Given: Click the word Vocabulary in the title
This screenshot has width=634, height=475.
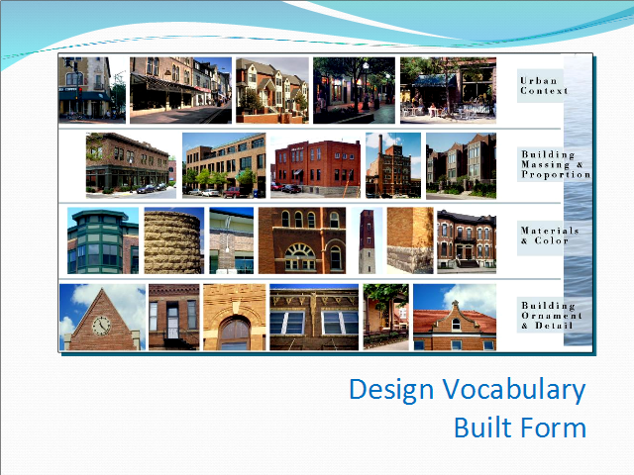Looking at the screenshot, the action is [514, 390].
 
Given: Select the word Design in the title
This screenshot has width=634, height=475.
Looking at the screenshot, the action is [391, 390].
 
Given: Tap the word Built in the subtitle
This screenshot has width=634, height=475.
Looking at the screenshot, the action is [482, 427].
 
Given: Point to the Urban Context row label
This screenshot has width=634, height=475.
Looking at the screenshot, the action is [544, 86].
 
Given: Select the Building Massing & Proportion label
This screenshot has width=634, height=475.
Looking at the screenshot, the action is [556, 164].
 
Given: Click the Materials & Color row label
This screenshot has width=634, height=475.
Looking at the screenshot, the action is [550, 236].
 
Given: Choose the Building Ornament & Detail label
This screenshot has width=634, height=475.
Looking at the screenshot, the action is [552, 316].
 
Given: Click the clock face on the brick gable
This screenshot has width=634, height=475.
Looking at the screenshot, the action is [101, 326].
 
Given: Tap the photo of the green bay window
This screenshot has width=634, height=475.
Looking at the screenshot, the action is [103, 240].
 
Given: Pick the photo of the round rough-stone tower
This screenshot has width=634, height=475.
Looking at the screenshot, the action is [174, 240].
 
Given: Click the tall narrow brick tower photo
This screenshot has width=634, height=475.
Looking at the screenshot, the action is [367, 240].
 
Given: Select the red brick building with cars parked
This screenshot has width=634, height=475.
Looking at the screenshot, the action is [315, 165].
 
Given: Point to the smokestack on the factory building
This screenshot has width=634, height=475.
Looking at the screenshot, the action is [380, 144].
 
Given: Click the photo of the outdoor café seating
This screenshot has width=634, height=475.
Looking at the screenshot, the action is [448, 90].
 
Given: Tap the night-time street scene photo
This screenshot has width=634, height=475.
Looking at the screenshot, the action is [354, 90].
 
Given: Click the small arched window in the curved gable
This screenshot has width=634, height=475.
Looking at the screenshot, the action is [456, 324].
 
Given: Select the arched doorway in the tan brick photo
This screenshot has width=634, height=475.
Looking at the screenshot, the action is [235, 333].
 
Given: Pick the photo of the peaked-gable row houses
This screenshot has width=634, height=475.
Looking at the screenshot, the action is [272, 90].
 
